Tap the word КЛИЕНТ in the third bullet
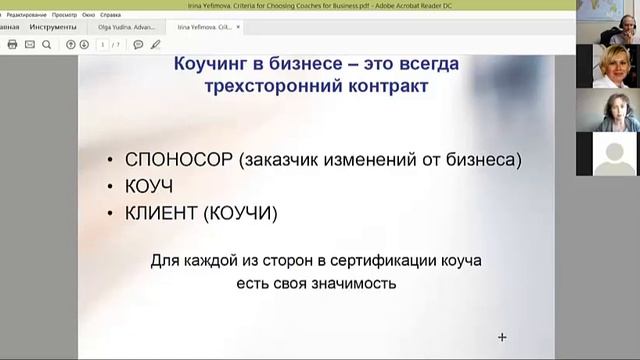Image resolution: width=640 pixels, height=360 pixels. (161, 213)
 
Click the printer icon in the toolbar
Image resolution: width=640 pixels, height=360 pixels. (12, 45)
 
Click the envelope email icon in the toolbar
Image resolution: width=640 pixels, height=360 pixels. (30, 45)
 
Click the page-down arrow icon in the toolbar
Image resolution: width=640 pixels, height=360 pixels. (86, 45)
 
